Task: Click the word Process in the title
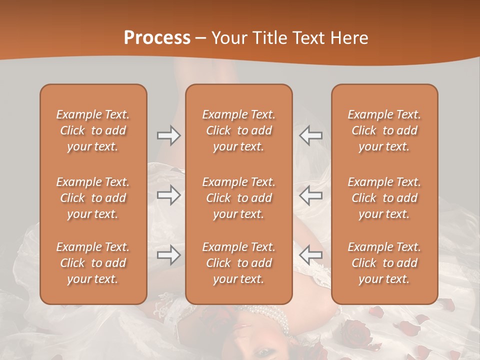click(x=157, y=37)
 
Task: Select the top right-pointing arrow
click(x=169, y=135)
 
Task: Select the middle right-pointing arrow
click(x=169, y=195)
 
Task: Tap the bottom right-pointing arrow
click(x=169, y=255)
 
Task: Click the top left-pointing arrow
click(x=310, y=135)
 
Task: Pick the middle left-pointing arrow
click(x=310, y=195)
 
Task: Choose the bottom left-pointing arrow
click(x=310, y=255)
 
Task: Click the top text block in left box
click(x=93, y=130)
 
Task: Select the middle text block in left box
click(x=93, y=198)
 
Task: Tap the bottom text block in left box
click(x=93, y=263)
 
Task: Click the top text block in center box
click(x=238, y=130)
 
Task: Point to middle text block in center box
click(x=238, y=198)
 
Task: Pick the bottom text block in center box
click(x=238, y=263)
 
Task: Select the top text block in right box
click(x=384, y=130)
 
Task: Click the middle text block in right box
click(x=384, y=198)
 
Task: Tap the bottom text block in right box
click(x=384, y=263)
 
